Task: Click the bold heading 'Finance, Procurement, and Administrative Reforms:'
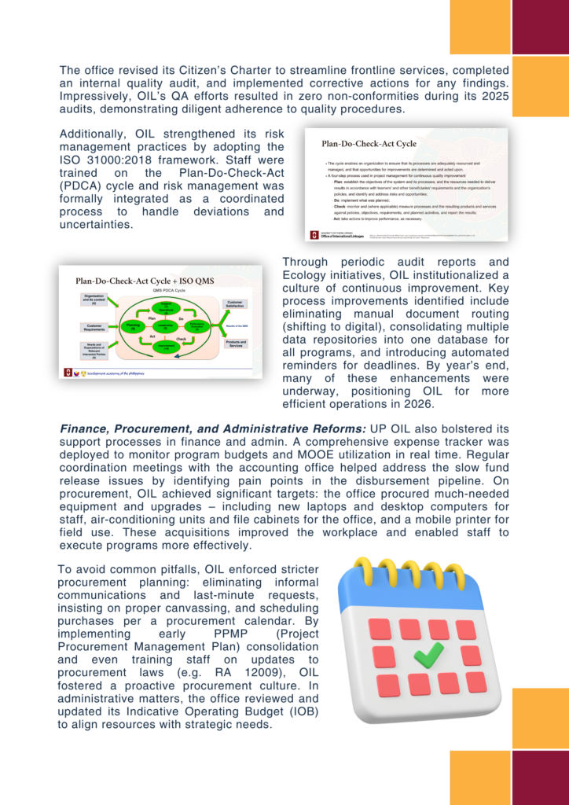click(x=213, y=428)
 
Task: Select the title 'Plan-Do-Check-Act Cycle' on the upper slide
click(x=369, y=144)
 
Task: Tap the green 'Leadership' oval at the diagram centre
click(x=164, y=325)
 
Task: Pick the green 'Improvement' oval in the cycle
click(x=165, y=347)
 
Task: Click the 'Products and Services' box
click(x=235, y=344)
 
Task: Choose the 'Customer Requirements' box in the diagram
click(x=94, y=327)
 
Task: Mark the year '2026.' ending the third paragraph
click(x=416, y=404)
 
